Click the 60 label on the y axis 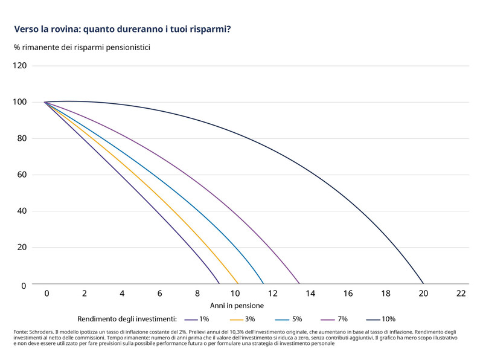click(x=22, y=175)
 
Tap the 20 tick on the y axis click(x=22, y=248)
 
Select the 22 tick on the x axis click(x=461, y=293)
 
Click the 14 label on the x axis click(x=310, y=293)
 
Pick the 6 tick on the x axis click(x=159, y=293)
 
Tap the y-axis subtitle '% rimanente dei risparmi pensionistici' click(x=82, y=47)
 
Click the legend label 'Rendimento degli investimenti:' click(x=127, y=318)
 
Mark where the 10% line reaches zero click(x=423, y=284)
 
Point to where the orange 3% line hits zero click(x=238, y=284)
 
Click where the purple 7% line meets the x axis click(x=299, y=284)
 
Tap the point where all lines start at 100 click(x=45, y=102)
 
